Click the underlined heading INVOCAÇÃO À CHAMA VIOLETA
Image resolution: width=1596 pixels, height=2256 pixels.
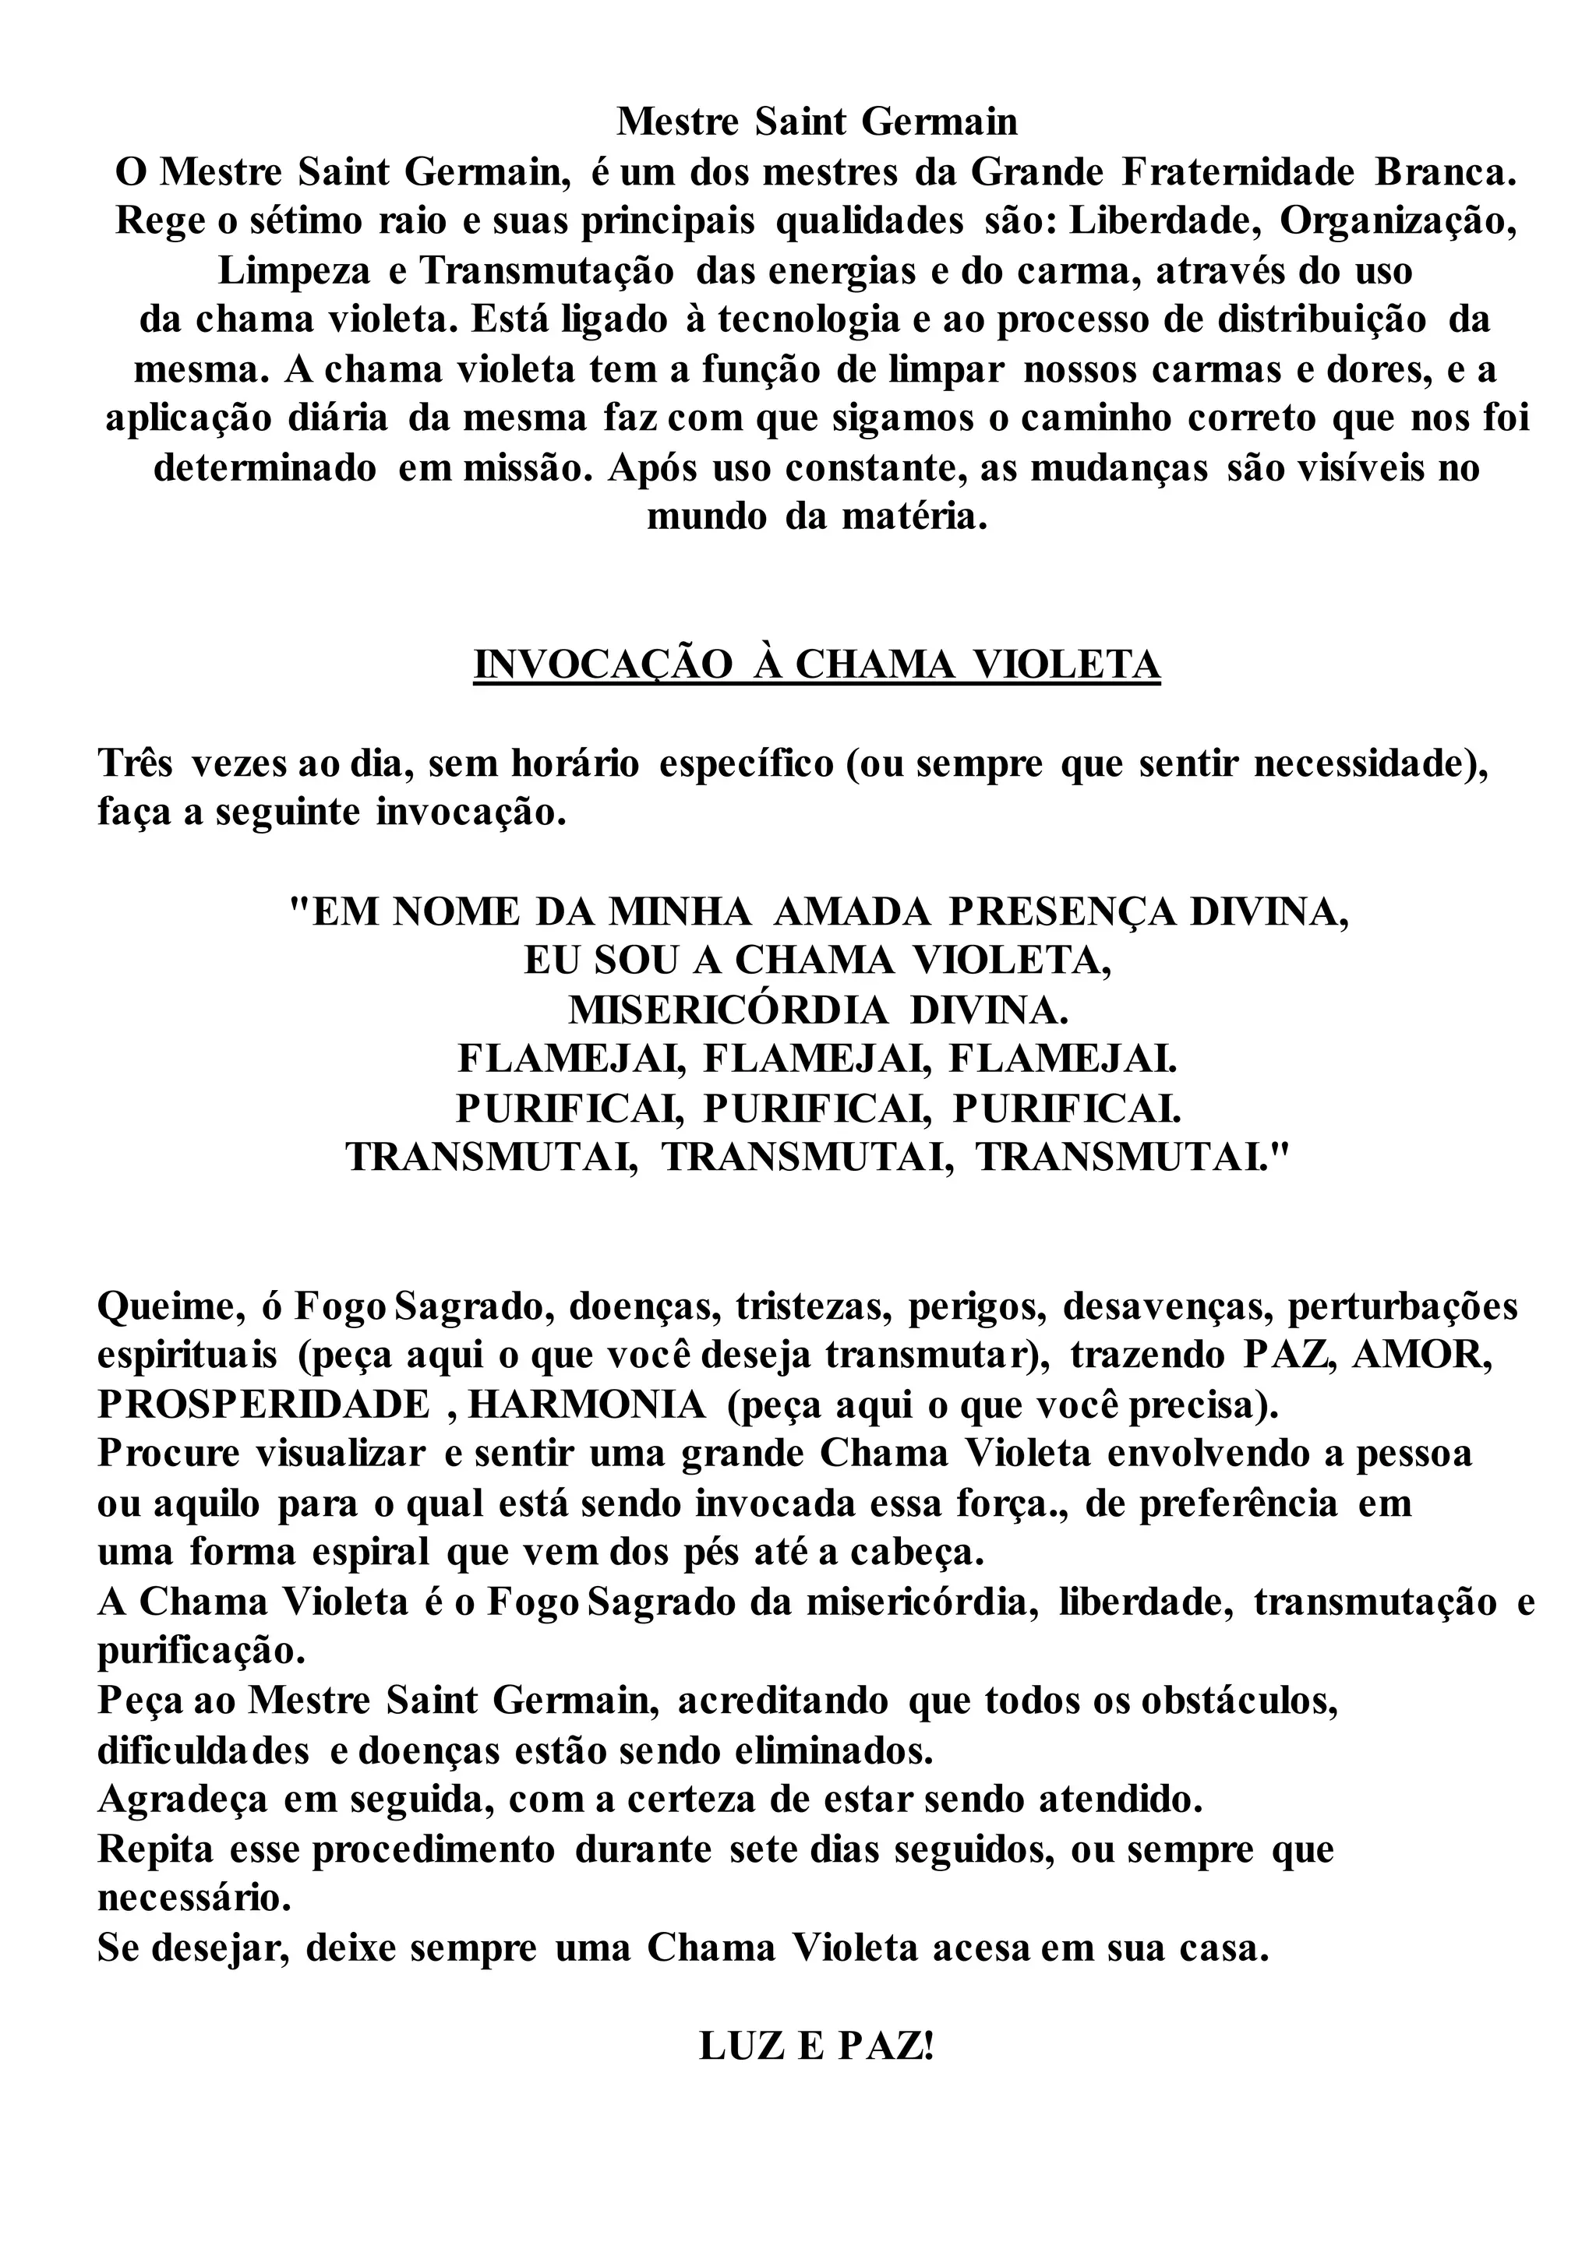(x=817, y=665)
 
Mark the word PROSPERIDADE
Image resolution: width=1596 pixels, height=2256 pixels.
(x=263, y=1405)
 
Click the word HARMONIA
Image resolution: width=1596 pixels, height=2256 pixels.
(x=587, y=1405)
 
